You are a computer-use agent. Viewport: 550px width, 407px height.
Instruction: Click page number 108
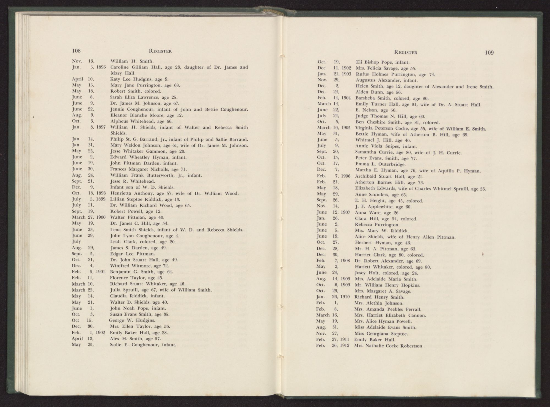tap(76, 51)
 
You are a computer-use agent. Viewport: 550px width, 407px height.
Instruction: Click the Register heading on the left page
tap(160, 51)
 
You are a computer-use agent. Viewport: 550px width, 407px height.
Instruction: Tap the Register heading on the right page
tap(406, 52)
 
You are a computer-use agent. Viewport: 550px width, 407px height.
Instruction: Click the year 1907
tap(345, 212)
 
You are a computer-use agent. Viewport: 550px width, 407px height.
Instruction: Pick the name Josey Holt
tap(365, 273)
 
